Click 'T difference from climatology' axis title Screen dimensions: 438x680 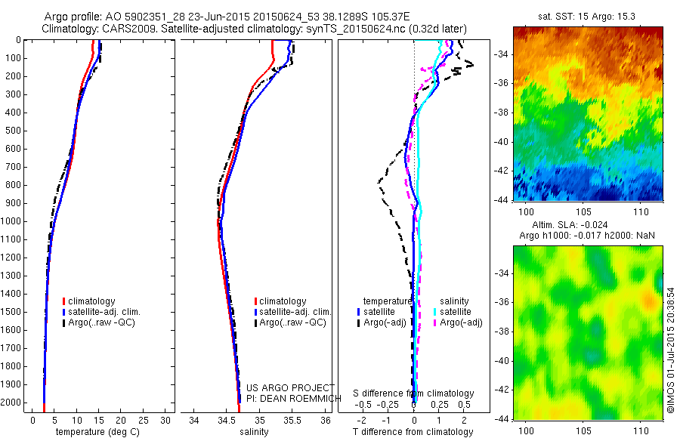(413, 432)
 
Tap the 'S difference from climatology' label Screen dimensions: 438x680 (413, 393)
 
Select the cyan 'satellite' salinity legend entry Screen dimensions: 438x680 (456, 311)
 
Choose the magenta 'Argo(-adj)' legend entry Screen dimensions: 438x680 (461, 322)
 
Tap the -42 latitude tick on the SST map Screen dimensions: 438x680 (499, 171)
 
